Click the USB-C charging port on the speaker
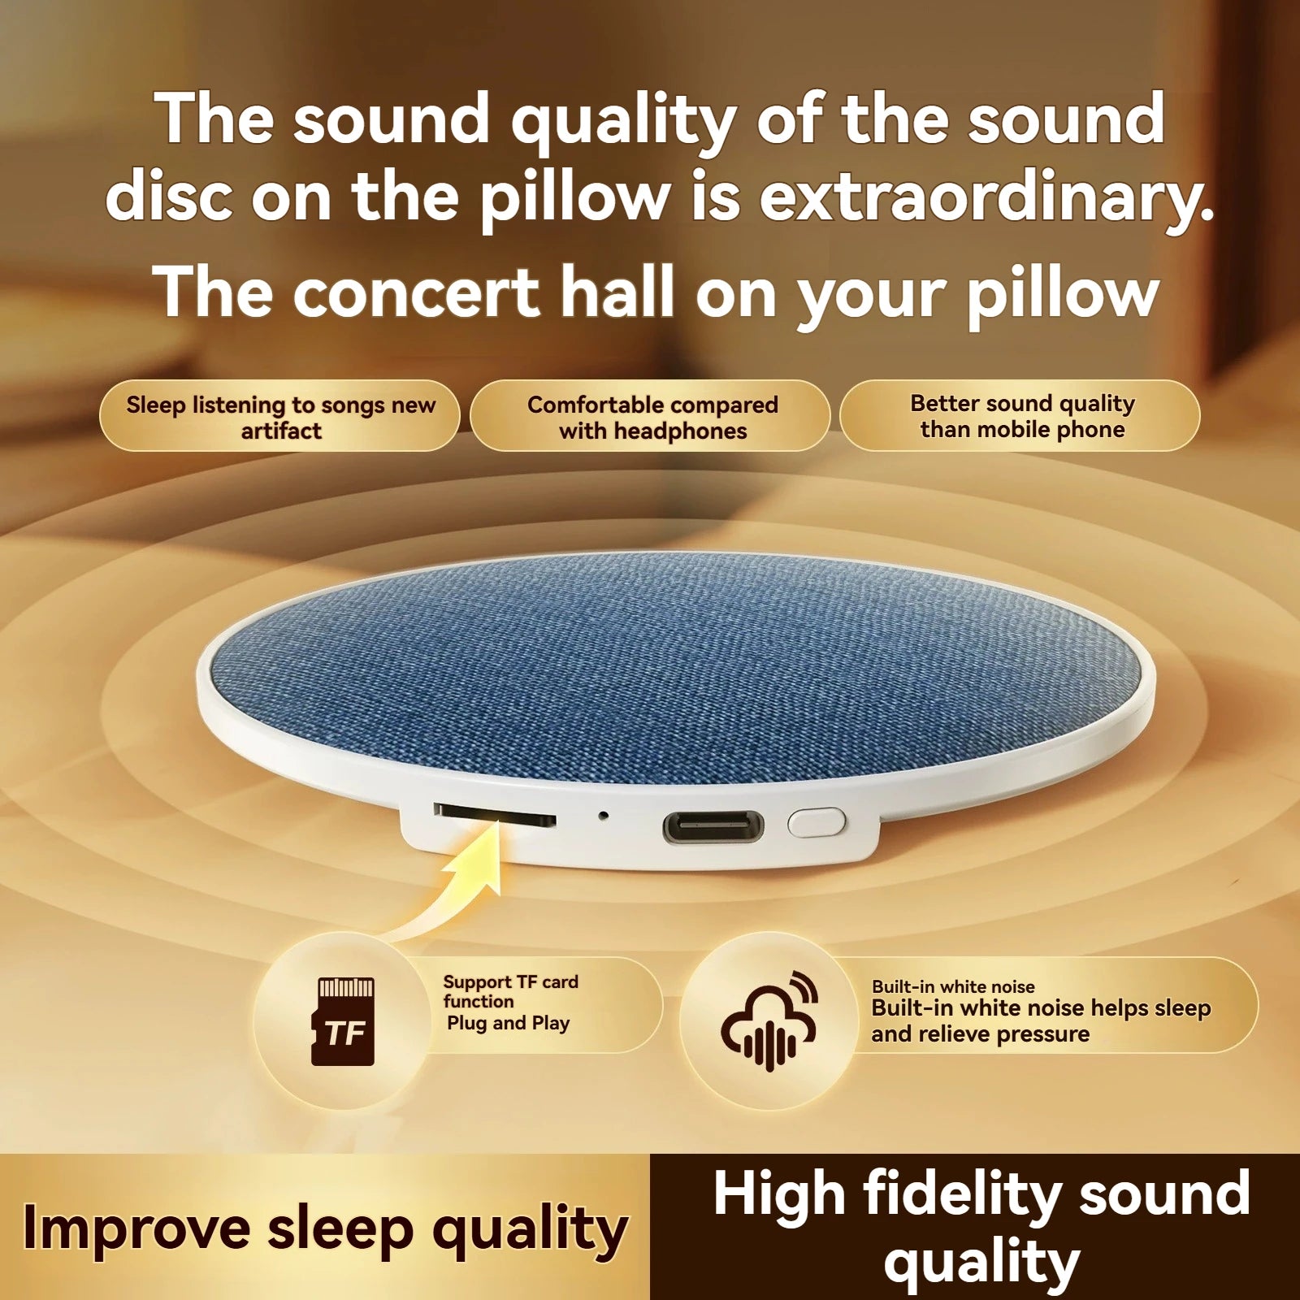tap(713, 826)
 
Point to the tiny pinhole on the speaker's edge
tap(602, 814)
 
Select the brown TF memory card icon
tap(344, 1021)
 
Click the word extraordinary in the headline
tap(986, 197)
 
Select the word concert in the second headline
tap(416, 292)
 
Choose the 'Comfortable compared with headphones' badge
tap(652, 417)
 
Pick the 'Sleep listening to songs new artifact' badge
tap(280, 417)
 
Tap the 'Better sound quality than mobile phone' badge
tap(1021, 416)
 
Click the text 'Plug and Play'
tap(508, 1024)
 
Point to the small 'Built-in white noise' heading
tap(953, 986)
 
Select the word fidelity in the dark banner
tap(962, 1194)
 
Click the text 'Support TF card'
tap(510, 981)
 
